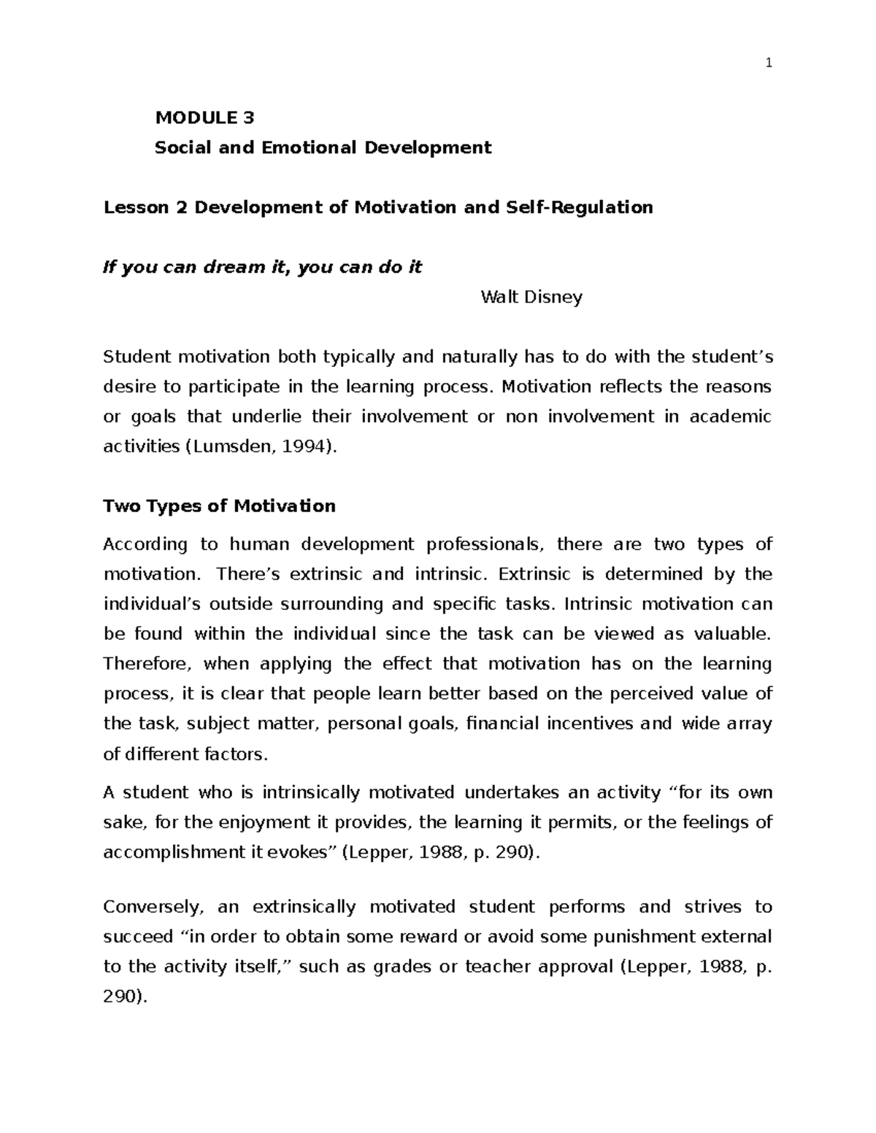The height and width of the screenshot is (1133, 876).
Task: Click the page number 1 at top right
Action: point(768,63)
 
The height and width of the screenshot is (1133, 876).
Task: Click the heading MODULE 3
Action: point(204,117)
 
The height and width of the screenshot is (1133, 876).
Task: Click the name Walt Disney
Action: point(531,297)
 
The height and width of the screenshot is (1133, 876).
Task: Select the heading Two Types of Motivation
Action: point(219,506)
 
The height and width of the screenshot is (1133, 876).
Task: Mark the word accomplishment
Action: point(171,852)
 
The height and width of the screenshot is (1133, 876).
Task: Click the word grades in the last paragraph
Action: point(402,967)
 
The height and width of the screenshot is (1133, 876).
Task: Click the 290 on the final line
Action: point(121,997)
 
